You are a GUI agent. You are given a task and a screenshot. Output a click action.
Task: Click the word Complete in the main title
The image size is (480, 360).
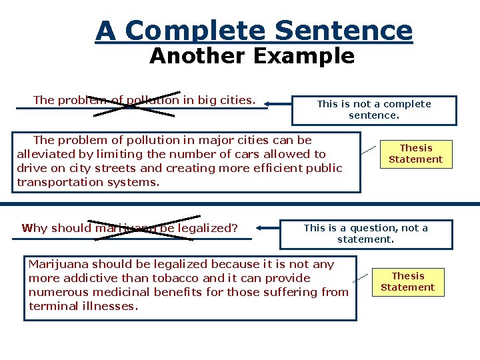pos(196,31)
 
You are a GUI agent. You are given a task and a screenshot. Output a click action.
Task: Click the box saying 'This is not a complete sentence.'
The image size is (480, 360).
pos(373,110)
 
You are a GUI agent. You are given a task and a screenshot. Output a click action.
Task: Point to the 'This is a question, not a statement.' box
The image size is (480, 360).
pos(365,233)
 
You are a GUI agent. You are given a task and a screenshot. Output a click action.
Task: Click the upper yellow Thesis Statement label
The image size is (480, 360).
pos(415,154)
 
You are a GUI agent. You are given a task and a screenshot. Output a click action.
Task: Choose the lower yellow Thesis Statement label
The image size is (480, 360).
pos(407,281)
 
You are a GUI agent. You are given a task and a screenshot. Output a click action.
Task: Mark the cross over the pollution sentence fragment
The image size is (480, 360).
pos(136,103)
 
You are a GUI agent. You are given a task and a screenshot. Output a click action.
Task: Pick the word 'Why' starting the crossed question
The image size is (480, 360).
pos(35,228)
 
